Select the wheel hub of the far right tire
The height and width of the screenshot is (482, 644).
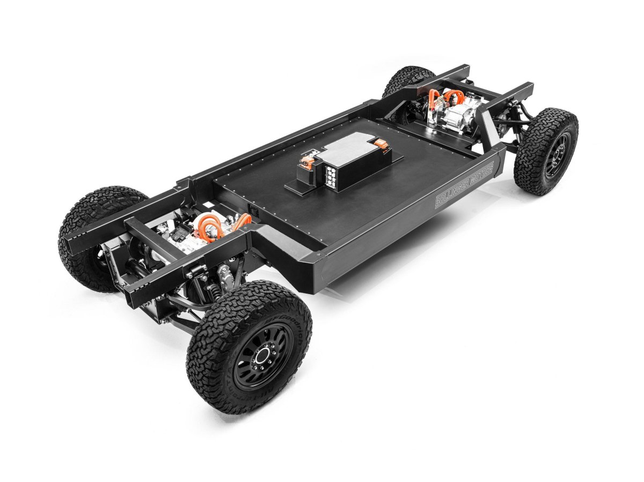pyautogui.click(x=552, y=154)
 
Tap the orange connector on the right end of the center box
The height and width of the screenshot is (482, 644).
pyautogui.click(x=380, y=143)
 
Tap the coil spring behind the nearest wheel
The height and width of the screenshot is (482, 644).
pyautogui.click(x=214, y=293)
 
